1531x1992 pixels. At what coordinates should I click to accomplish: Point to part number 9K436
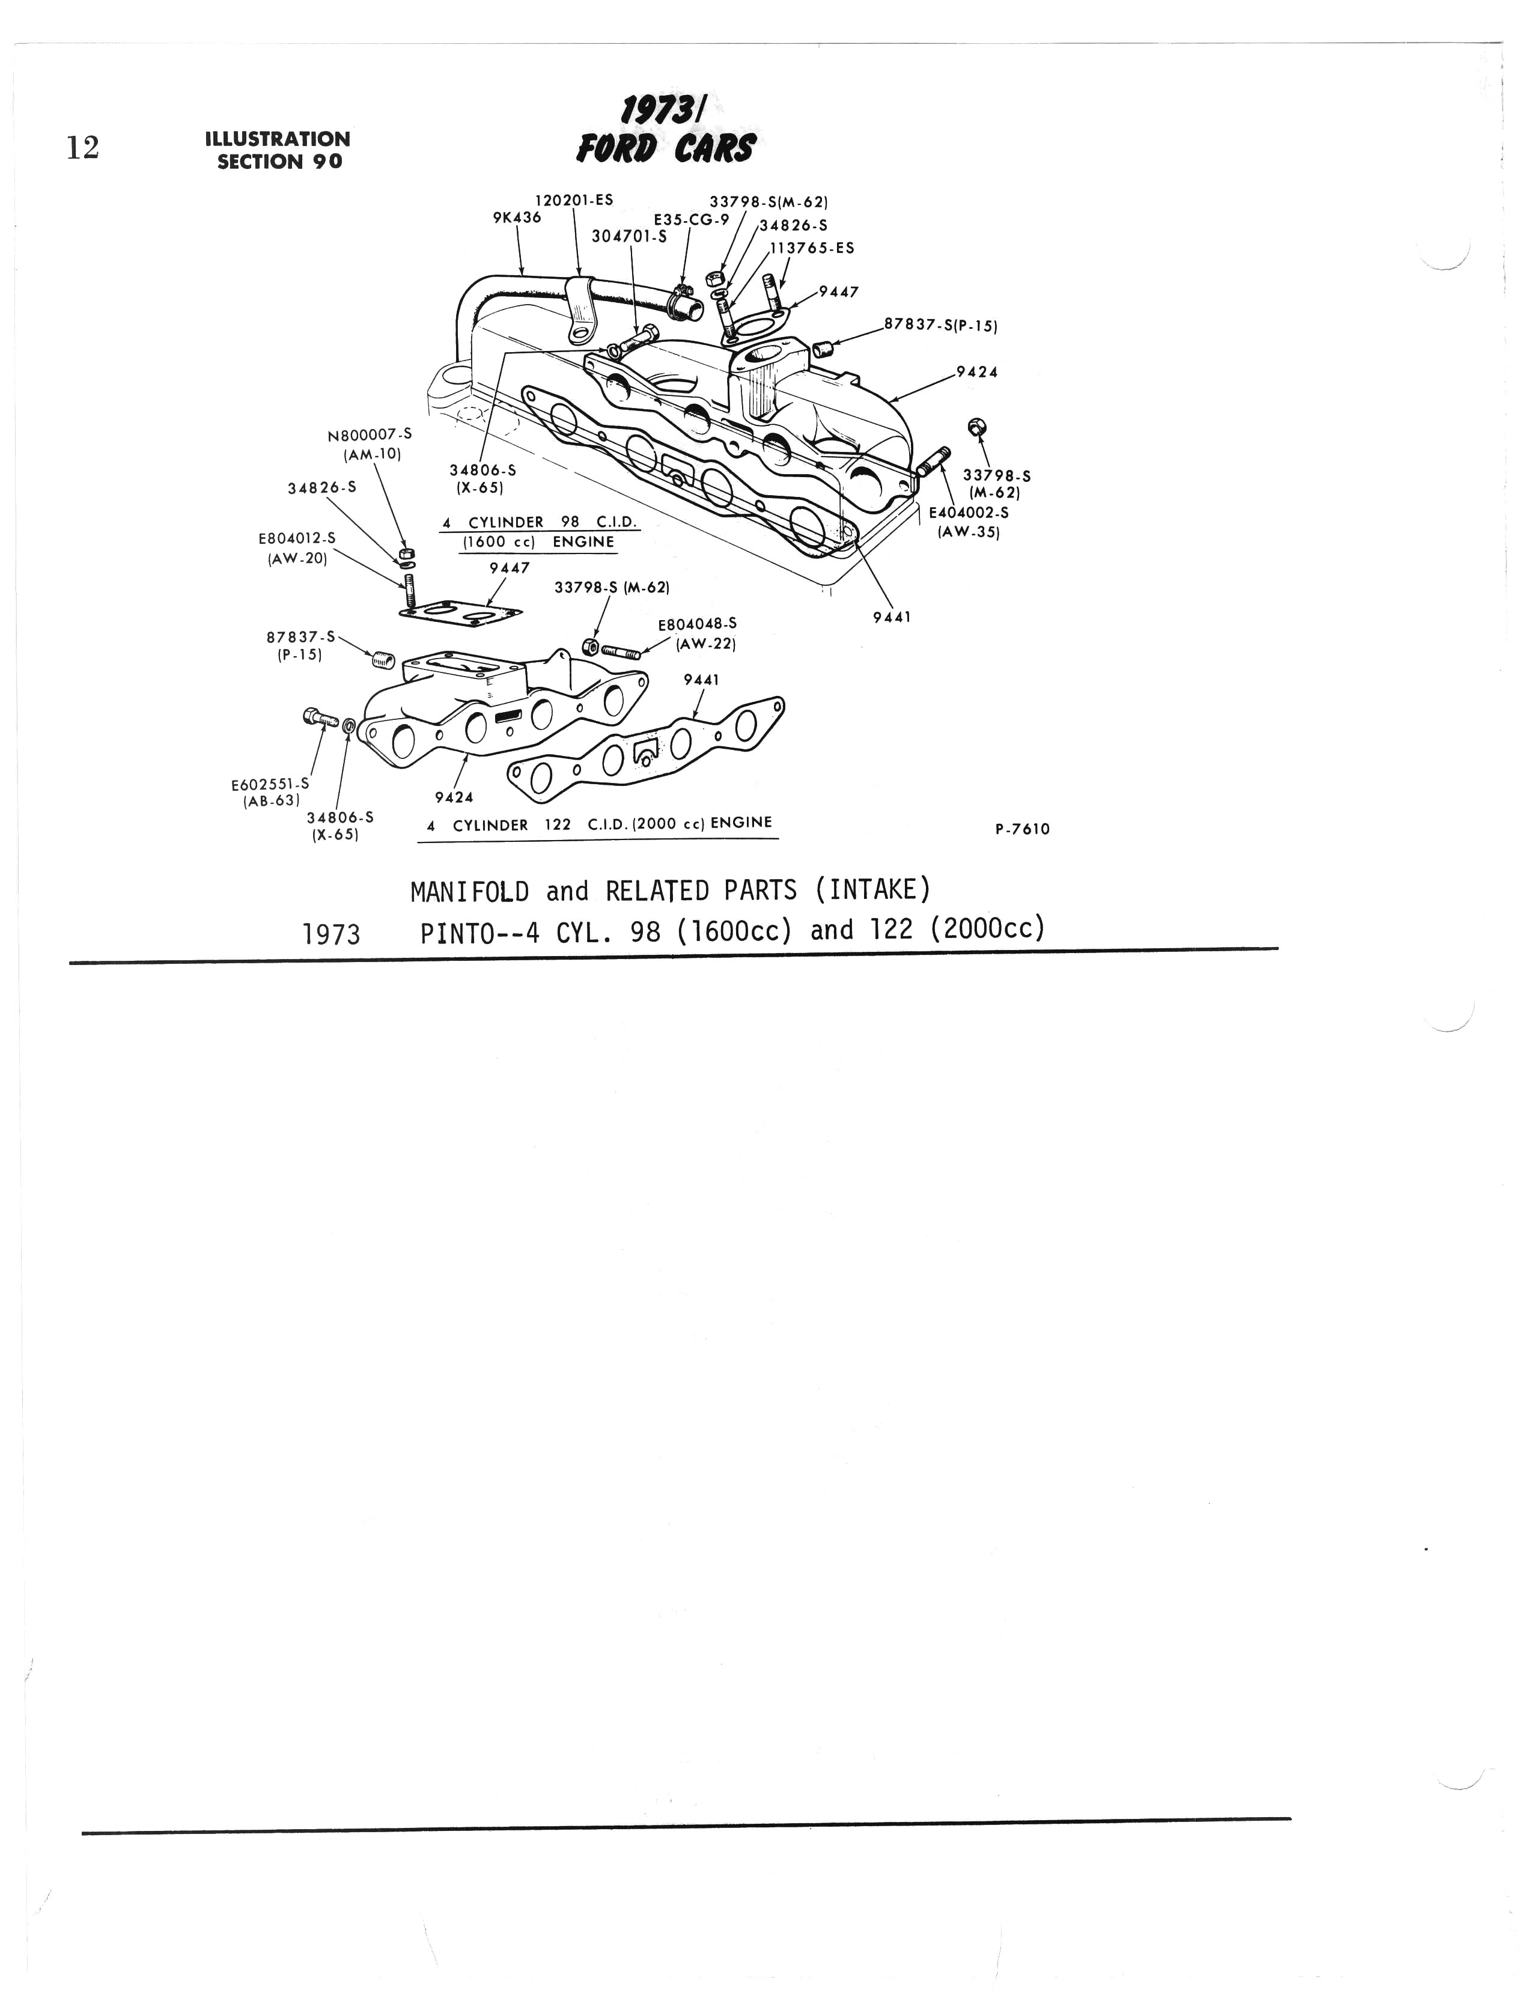point(517,218)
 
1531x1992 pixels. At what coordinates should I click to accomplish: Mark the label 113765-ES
point(812,248)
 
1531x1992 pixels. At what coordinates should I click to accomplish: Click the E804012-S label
point(297,538)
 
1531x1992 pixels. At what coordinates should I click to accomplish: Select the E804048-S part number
point(697,624)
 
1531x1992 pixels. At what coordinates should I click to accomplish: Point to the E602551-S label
point(270,784)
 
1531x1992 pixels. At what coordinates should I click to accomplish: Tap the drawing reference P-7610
point(1023,829)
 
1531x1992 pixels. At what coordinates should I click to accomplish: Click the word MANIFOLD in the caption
point(469,891)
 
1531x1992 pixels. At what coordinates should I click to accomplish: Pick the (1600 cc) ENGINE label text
point(538,542)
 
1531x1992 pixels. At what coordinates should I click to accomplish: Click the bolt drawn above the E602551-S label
point(321,718)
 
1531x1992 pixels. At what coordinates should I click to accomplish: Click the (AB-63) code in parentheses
point(270,802)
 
